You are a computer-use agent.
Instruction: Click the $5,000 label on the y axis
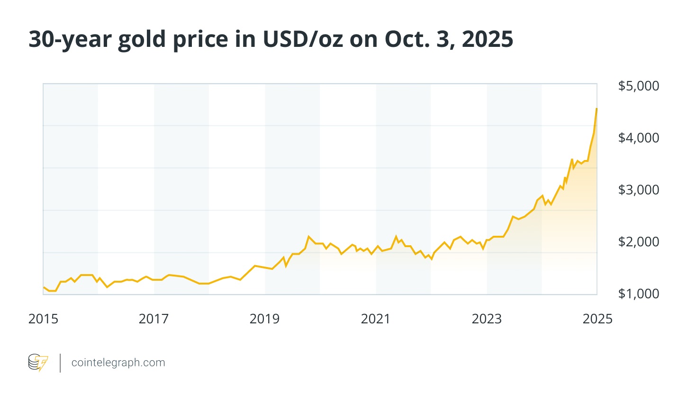[638, 86]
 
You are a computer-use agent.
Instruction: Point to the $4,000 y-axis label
[638, 138]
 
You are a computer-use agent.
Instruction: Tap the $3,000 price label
[638, 190]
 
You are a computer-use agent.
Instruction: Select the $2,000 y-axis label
[638, 242]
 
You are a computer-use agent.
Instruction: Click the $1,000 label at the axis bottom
[638, 294]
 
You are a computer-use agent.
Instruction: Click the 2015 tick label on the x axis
[43, 319]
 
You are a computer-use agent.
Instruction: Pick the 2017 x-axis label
[154, 319]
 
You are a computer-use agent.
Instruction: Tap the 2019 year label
[264, 319]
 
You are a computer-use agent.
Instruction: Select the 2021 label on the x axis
[375, 319]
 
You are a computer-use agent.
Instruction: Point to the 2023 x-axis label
[487, 319]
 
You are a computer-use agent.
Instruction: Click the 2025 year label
[597, 319]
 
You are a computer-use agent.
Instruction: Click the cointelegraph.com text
[118, 363]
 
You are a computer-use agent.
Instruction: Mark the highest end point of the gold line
[597, 109]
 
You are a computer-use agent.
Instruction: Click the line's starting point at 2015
[44, 287]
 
